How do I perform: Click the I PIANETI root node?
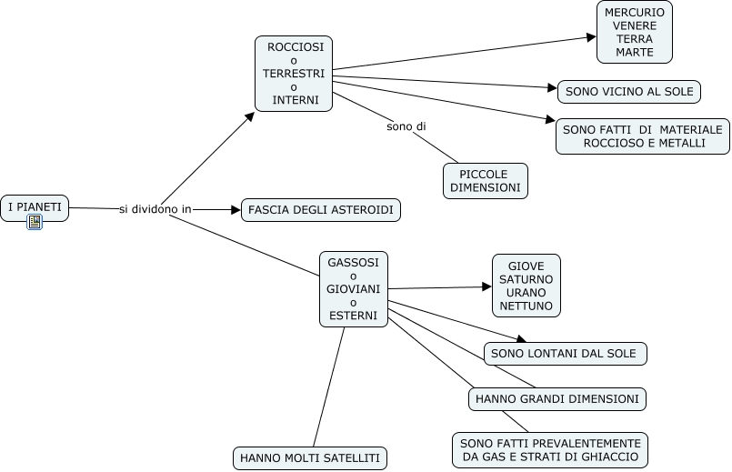[35, 207]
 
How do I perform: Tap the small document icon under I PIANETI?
[35, 222]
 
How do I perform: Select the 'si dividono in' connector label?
[155, 209]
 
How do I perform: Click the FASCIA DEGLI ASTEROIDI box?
[320, 210]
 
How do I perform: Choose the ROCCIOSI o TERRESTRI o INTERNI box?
[294, 74]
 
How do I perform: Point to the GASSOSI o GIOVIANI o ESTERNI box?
[354, 289]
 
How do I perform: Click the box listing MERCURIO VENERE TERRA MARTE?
[635, 32]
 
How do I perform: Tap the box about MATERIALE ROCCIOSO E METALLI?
[643, 136]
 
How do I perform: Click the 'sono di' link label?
[406, 126]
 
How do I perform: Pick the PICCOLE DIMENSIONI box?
[486, 180]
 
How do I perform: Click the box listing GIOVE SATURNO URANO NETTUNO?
[526, 286]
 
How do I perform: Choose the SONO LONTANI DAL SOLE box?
[565, 353]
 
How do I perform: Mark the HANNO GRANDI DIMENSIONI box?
[557, 398]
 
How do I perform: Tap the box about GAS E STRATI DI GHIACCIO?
[550, 449]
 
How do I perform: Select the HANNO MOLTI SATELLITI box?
[310, 457]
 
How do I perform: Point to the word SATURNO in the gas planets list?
[526, 278]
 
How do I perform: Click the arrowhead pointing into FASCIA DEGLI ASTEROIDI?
[235, 209]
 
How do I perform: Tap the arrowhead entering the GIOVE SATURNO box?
[487, 286]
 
